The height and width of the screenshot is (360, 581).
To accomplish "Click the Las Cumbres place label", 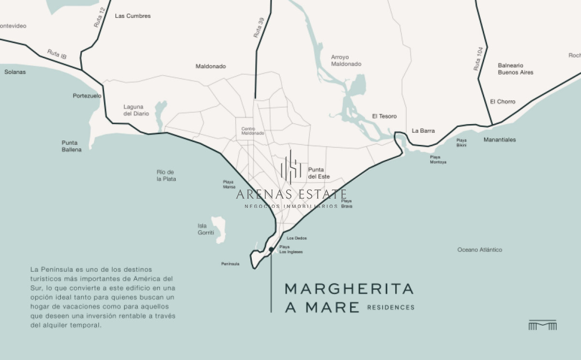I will click(133, 16).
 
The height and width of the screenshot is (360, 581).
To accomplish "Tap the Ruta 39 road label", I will click(259, 28).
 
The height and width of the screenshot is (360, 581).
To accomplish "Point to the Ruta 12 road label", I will click(99, 17).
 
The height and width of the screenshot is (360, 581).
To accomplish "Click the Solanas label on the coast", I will click(15, 72).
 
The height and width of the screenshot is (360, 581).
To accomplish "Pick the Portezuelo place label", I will click(87, 96).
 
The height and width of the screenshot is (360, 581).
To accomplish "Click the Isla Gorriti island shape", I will click(218, 229).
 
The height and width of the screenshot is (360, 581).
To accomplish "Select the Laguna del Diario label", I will click(136, 110).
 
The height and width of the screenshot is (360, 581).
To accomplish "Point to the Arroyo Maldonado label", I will click(346, 61).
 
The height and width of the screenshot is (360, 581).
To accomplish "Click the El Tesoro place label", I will click(384, 116).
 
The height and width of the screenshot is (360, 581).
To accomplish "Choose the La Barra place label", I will click(423, 131).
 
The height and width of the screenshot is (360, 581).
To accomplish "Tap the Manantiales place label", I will click(500, 140).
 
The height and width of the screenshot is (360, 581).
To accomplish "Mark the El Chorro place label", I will click(503, 102).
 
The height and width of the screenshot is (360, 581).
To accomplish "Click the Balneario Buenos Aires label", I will click(516, 69).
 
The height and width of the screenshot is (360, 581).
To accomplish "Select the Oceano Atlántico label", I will click(480, 250).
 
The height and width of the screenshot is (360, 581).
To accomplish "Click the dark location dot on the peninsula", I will click(271, 249).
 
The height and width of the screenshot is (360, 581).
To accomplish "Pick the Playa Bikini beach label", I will click(461, 142).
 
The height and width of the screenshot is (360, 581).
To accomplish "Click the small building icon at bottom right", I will click(542, 325).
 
